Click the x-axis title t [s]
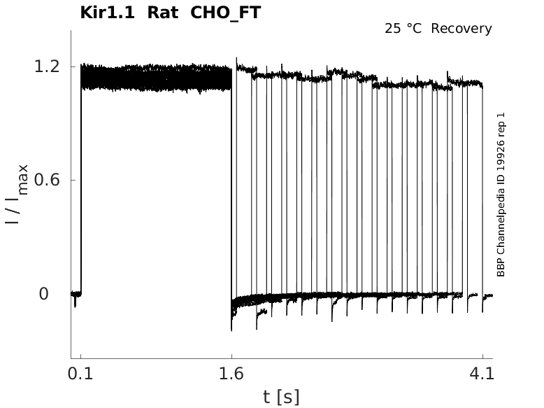pyautogui.click(x=281, y=397)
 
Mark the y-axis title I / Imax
pyautogui.click(x=18, y=193)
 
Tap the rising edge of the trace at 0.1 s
pyautogui.click(x=81, y=182)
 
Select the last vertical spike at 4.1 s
pyautogui.click(x=482, y=189)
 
